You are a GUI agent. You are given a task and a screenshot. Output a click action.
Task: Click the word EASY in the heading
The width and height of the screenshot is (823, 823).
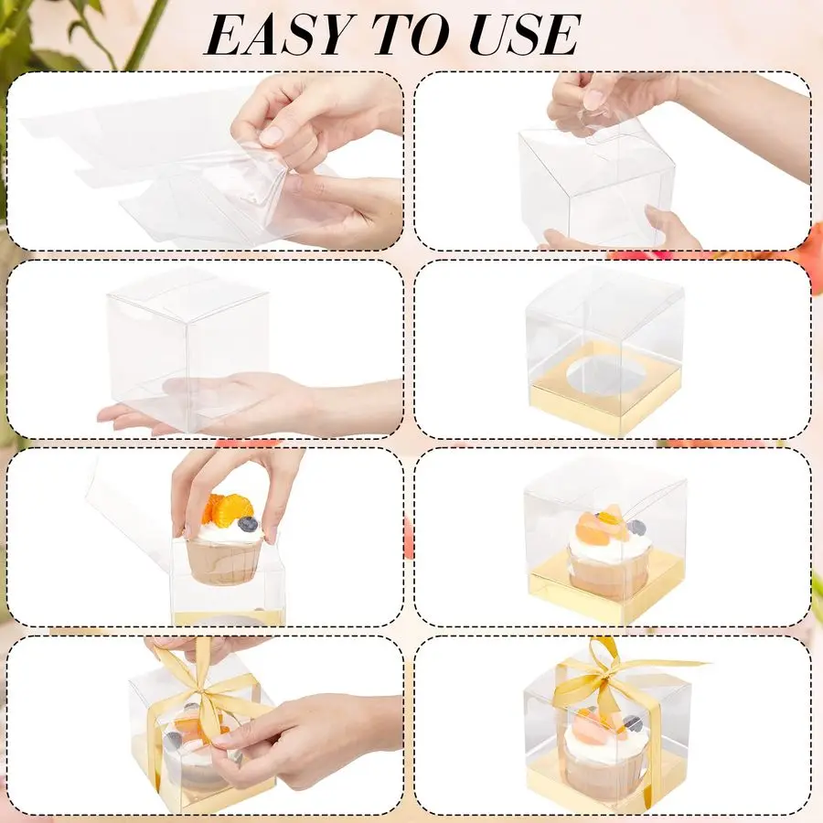276,35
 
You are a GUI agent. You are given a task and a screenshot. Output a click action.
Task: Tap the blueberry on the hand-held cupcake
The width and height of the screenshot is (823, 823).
247,523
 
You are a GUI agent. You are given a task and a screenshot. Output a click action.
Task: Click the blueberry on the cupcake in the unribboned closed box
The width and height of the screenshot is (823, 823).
636,527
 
